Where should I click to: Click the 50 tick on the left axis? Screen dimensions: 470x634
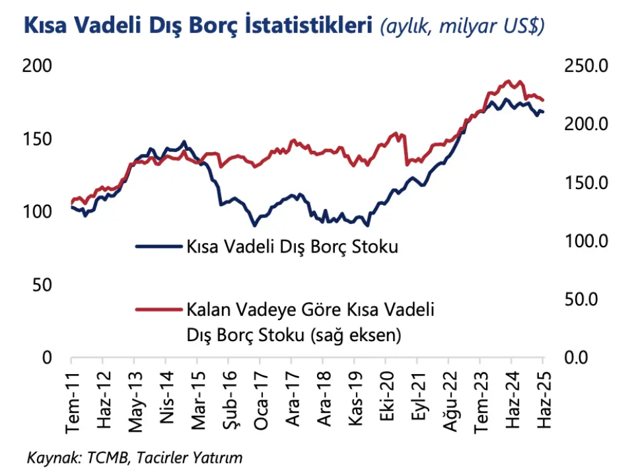tap(42, 285)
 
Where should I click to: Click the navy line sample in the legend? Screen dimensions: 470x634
tap(158, 247)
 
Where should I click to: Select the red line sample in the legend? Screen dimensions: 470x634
tap(158, 309)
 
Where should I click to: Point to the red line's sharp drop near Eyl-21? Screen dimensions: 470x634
tap(405, 149)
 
